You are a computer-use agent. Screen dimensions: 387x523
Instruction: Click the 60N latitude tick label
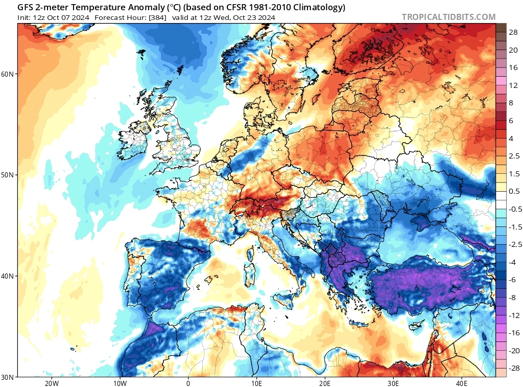pyautogui.click(x=8, y=74)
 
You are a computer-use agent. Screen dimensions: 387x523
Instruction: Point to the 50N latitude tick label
pyautogui.click(x=8, y=175)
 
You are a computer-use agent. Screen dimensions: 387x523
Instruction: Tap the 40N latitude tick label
pyautogui.click(x=8, y=276)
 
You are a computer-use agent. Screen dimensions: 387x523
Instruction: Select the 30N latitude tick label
pyautogui.click(x=8, y=377)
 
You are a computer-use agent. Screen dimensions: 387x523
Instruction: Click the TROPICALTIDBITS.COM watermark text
pyautogui.click(x=448, y=17)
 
